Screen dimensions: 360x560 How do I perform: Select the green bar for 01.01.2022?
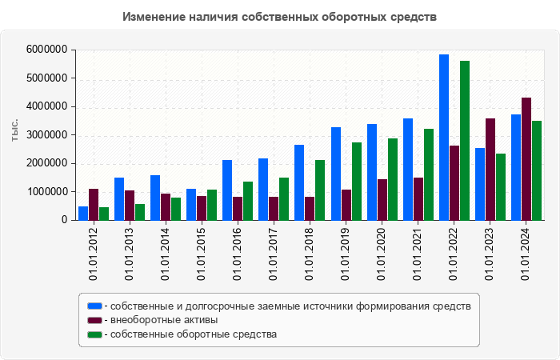(465, 141)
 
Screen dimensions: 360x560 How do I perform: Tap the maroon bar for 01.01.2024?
(526, 159)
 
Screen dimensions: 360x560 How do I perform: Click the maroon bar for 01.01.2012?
(94, 205)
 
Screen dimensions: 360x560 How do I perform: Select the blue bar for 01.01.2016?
(227, 190)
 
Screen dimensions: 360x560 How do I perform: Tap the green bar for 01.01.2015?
(212, 205)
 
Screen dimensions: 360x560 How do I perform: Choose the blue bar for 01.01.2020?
(372, 172)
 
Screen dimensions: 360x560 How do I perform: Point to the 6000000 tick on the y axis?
(46, 50)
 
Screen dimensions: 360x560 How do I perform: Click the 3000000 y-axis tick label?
(46, 135)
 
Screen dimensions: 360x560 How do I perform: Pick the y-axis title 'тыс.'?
(15, 131)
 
